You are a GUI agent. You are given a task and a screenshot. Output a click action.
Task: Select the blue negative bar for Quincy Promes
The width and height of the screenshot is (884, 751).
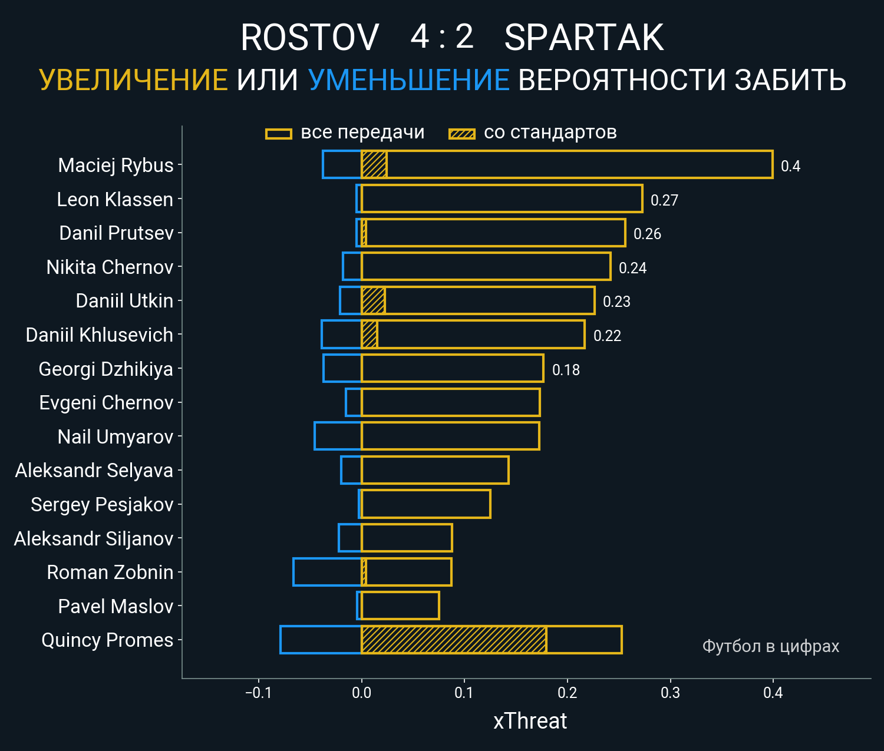point(321,640)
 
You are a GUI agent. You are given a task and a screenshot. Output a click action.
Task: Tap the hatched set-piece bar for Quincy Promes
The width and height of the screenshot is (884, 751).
point(454,640)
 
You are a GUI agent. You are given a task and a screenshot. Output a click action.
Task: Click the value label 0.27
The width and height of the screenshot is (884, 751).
point(664,200)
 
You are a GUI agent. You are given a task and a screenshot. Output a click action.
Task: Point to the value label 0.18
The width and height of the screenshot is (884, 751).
point(566,370)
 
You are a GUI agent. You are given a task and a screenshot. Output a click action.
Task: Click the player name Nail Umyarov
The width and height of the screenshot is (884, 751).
point(116,437)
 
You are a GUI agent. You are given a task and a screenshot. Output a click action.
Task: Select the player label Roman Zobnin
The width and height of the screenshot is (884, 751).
point(110,573)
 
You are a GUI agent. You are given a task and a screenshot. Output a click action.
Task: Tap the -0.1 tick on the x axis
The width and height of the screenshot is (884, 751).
point(258,693)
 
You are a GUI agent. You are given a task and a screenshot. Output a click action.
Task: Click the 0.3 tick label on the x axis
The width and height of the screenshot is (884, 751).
point(670,693)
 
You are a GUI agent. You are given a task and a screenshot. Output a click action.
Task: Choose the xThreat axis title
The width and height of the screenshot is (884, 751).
point(530,721)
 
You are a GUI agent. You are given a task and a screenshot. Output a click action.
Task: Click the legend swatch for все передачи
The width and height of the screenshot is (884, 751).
point(279,134)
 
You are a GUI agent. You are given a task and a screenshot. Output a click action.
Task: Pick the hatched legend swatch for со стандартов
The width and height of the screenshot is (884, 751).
point(461,134)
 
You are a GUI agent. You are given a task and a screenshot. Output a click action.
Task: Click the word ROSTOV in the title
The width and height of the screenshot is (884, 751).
point(309,38)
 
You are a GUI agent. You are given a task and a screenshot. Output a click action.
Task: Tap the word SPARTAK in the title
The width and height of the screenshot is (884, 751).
point(583,38)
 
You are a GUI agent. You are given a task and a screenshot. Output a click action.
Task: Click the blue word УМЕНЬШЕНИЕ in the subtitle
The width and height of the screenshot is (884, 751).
point(408,80)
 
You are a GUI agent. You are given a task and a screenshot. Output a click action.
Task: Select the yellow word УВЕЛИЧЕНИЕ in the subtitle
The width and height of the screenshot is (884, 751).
point(133,80)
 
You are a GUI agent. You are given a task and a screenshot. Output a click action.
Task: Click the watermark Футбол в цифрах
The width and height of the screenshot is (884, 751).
point(770,646)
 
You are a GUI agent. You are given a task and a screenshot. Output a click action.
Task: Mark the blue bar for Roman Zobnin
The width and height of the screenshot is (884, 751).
point(327,572)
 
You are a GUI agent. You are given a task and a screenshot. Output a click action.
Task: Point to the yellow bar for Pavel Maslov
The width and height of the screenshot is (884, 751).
point(401,606)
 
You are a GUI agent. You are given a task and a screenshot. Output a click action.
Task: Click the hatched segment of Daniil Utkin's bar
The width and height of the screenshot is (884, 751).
point(373,300)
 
